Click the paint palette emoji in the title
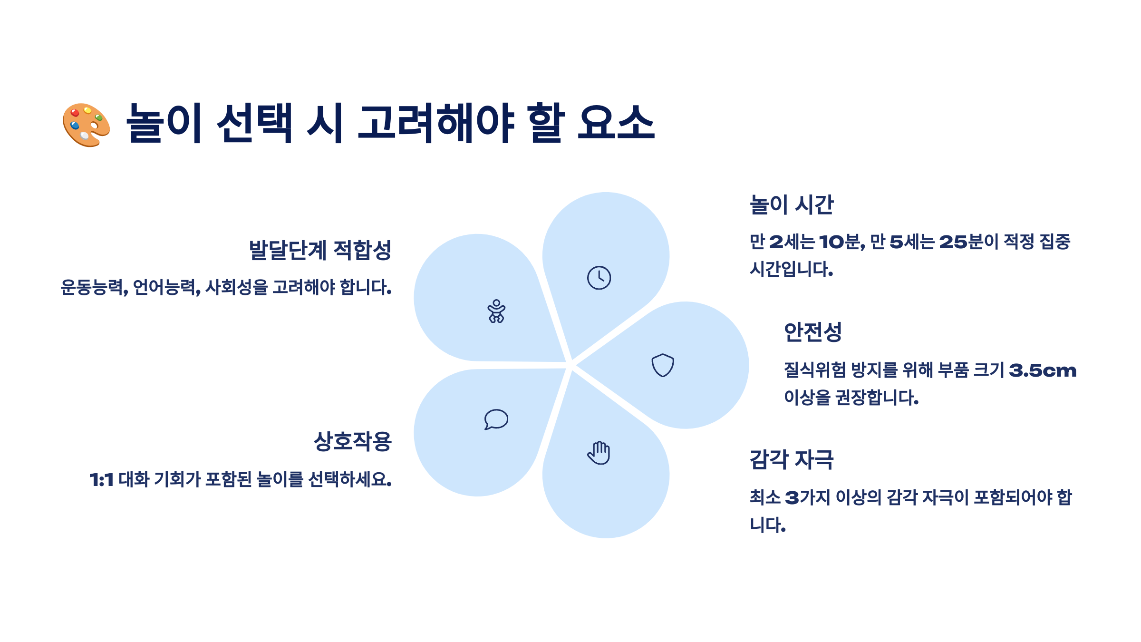point(87,125)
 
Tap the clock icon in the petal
point(599,278)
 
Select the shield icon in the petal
point(662,365)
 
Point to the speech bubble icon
point(496,419)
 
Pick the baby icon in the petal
point(496,311)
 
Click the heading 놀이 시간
point(792,205)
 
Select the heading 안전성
point(812,332)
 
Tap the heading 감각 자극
point(792,460)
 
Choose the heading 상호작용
point(353,442)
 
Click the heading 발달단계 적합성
point(320,250)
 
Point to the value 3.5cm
point(1043,370)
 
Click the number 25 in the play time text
point(953,242)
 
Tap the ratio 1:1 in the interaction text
point(102,480)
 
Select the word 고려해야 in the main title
point(435,124)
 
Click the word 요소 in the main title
point(616,124)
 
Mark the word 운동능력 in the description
point(93,288)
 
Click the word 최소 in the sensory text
point(765,497)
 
